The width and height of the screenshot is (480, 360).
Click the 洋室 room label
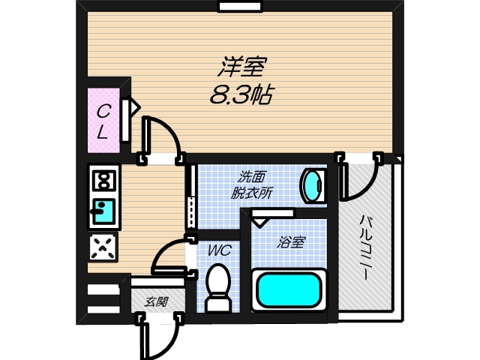[242, 68]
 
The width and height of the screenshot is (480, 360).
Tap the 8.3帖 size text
[241, 95]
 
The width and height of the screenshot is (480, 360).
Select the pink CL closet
[103, 122]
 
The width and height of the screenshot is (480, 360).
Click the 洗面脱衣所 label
[253, 184]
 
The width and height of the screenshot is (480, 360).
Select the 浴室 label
[291, 242]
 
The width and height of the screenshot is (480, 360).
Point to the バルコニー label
[365, 247]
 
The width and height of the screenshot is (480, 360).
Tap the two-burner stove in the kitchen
[103, 180]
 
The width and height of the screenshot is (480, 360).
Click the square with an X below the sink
[103, 246]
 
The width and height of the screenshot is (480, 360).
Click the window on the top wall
[239, 7]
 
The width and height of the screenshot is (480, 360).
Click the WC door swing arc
[169, 253]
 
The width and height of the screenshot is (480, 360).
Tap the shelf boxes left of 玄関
[103, 298]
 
